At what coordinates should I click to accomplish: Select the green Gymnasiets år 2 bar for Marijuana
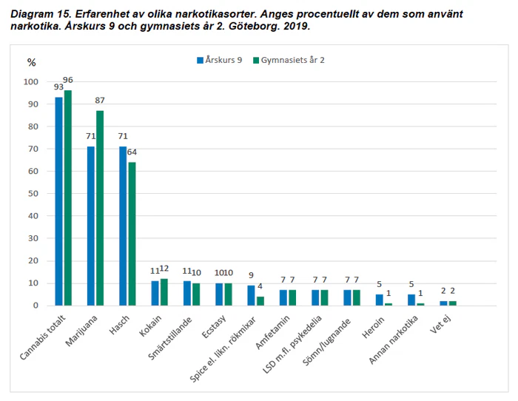(100, 208)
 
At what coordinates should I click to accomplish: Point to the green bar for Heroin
(388, 304)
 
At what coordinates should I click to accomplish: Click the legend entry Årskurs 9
(219, 60)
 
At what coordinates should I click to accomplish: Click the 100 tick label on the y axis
(30, 81)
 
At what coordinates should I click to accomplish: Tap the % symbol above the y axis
(31, 62)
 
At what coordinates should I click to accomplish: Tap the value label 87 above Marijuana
(100, 101)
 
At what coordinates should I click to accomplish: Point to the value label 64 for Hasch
(132, 152)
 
